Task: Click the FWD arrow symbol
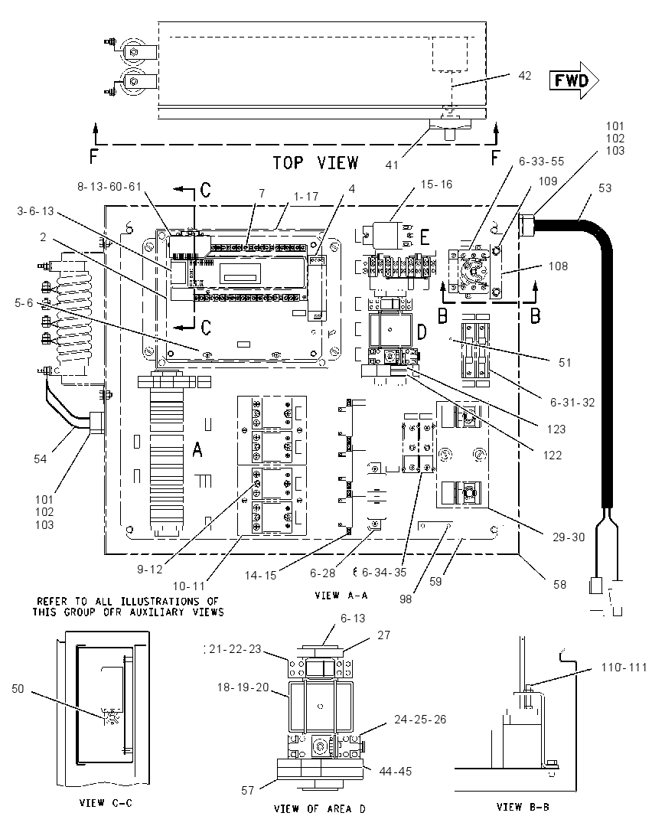[x=574, y=80]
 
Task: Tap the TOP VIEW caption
[x=315, y=162]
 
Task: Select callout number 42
[x=525, y=76]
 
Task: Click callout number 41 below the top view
[x=392, y=165]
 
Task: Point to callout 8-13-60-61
[x=109, y=186]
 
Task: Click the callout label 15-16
[x=436, y=184]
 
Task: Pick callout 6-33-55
[x=541, y=161]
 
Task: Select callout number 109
[x=548, y=181]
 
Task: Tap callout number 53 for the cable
[x=605, y=188]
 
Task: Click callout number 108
[x=558, y=266]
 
